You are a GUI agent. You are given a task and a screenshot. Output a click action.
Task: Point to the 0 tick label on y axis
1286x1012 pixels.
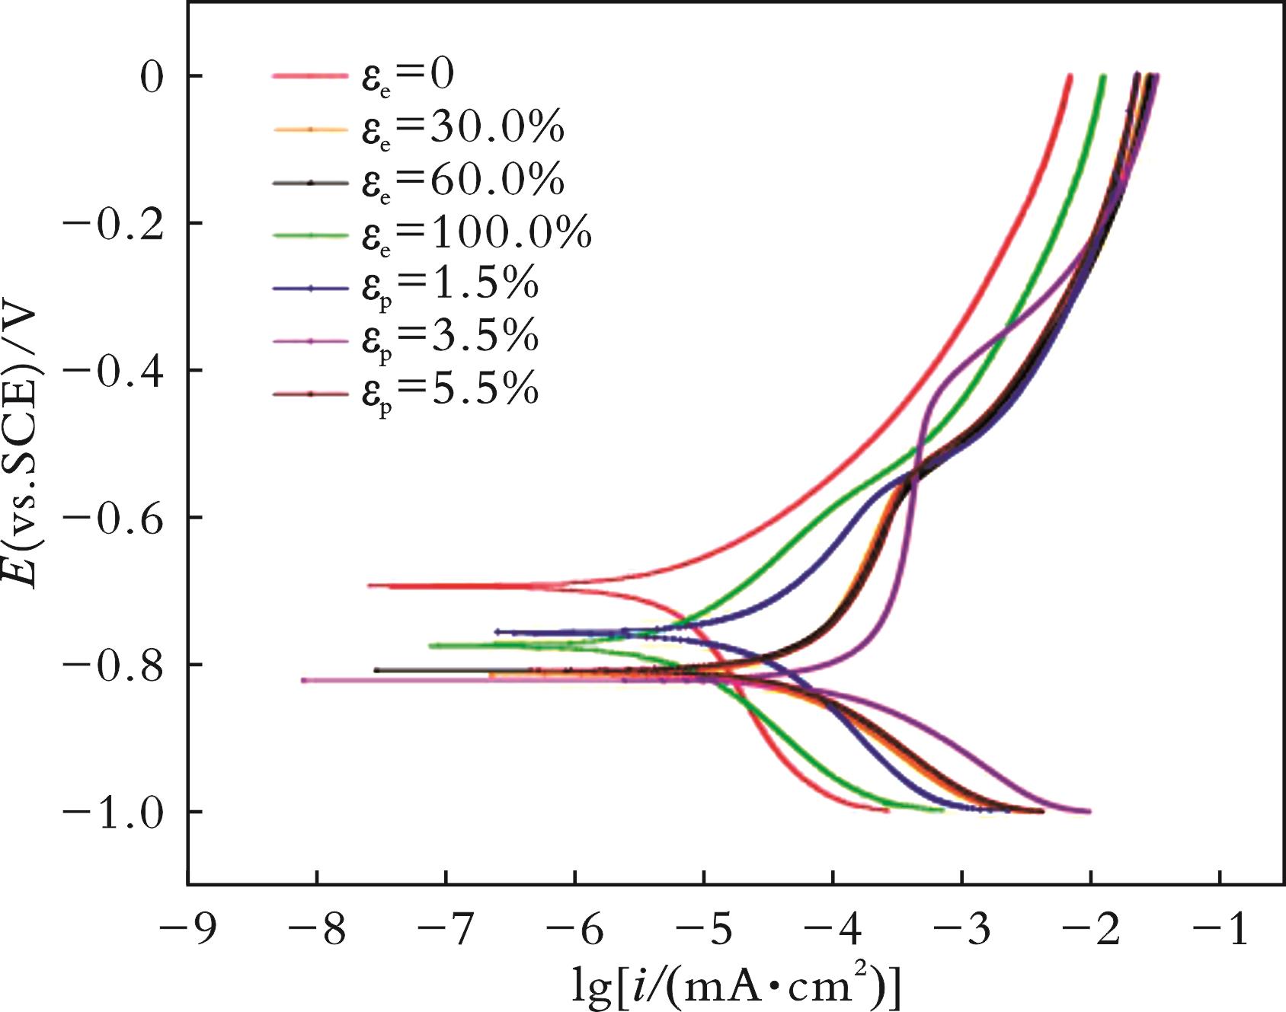tap(152, 76)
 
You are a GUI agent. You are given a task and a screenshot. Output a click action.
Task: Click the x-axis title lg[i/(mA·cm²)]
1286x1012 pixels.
tap(736, 988)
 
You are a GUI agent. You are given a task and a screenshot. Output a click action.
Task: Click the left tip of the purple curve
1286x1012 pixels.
tap(303, 680)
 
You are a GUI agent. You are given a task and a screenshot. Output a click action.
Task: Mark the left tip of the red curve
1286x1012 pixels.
tap(369, 586)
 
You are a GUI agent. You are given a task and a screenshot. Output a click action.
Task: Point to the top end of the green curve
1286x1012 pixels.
tap(1102, 76)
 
